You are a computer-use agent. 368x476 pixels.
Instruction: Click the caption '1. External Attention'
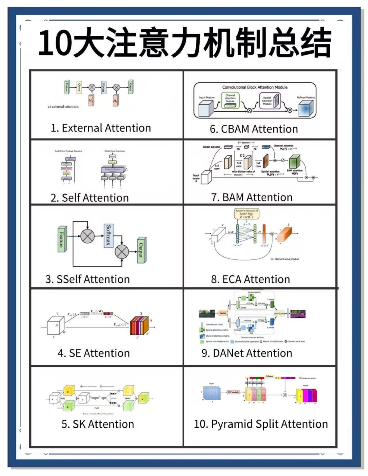(x=101, y=128)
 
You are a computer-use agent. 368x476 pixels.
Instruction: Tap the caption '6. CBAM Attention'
(x=253, y=129)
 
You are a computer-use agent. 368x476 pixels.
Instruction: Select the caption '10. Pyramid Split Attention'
(x=261, y=424)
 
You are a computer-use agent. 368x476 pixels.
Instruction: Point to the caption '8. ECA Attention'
(x=250, y=279)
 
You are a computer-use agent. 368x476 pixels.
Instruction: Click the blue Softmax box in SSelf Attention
(x=108, y=236)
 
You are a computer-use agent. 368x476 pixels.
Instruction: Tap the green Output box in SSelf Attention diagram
(x=142, y=250)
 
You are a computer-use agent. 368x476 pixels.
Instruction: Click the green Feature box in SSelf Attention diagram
(x=62, y=239)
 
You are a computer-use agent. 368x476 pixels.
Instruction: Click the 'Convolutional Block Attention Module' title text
(x=255, y=87)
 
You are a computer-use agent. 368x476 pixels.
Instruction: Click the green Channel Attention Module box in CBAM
(x=230, y=100)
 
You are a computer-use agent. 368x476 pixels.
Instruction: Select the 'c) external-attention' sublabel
(x=63, y=107)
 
